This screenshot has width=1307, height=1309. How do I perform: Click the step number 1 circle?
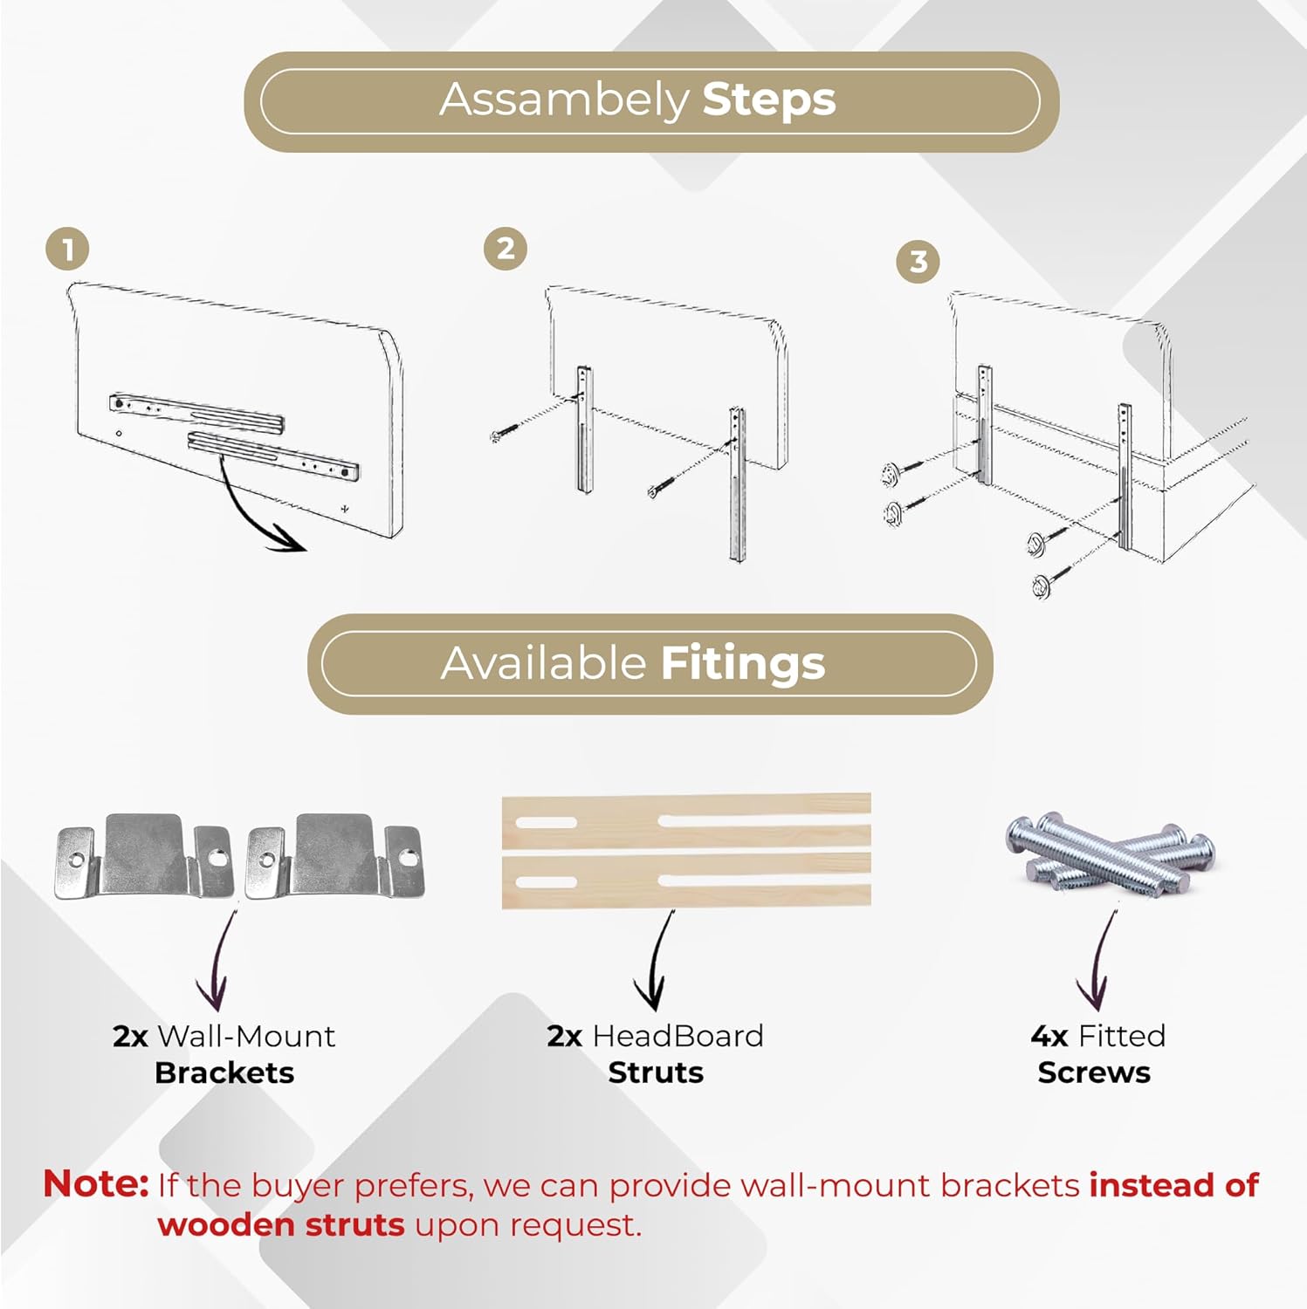tap(67, 250)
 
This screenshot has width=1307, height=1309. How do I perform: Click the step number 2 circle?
tap(506, 249)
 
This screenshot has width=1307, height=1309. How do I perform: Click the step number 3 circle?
tap(918, 261)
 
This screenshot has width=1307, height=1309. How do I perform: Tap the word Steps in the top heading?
tap(769, 100)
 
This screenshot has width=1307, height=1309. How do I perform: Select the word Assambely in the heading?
tap(564, 100)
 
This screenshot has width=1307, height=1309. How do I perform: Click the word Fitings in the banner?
tap(743, 664)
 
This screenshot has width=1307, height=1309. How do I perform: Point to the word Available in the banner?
tap(543, 663)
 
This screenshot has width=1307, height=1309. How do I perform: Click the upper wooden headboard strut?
tap(686, 820)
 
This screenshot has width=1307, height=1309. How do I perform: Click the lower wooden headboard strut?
tap(686, 881)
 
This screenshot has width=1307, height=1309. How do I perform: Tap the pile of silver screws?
tap(1109, 852)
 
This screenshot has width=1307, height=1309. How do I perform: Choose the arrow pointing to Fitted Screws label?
tap(1099, 961)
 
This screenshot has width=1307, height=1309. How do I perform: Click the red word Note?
tap(96, 1184)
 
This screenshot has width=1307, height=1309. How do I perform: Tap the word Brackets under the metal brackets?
tap(224, 1073)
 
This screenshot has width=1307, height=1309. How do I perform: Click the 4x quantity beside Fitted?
tap(1049, 1036)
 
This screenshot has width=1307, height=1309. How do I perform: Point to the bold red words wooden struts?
tap(281, 1224)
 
